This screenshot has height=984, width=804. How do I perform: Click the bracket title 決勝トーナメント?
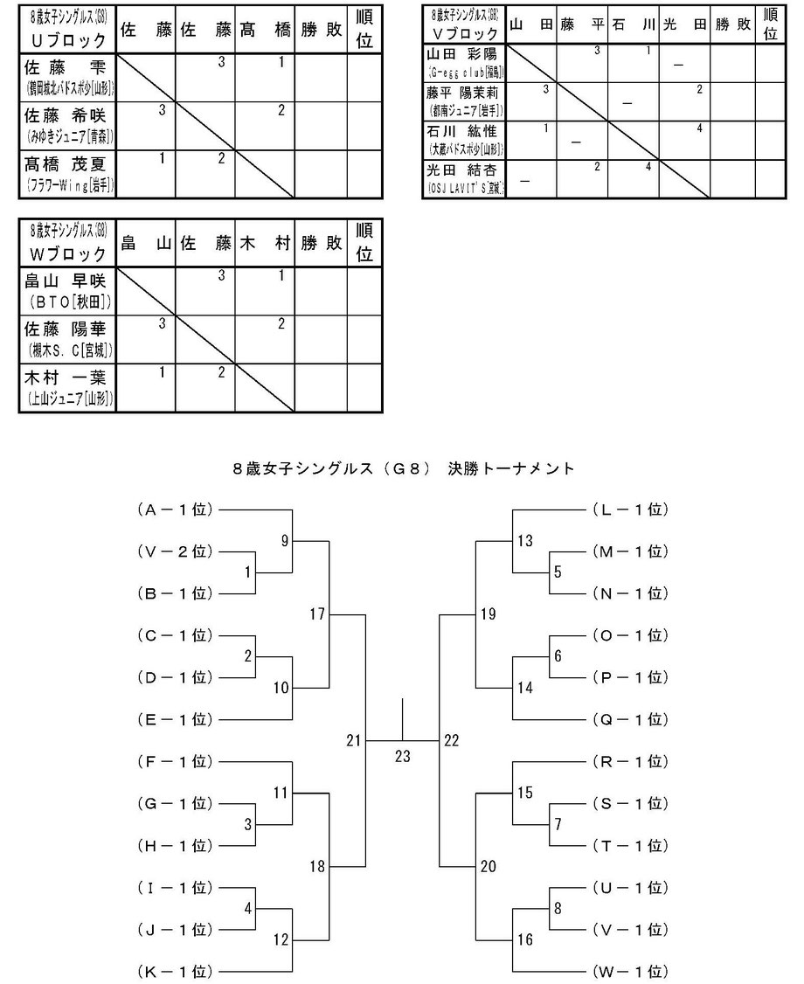pyautogui.click(x=403, y=469)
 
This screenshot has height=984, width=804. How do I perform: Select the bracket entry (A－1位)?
pyautogui.click(x=175, y=509)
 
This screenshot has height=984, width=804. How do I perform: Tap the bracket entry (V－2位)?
pyautogui.click(x=175, y=551)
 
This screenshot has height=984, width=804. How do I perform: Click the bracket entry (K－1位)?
pyautogui.click(x=175, y=971)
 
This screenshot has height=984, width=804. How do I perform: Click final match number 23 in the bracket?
pyautogui.click(x=402, y=757)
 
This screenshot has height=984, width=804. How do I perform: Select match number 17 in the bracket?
pyautogui.click(x=316, y=614)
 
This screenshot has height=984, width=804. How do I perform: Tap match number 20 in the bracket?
pyautogui.click(x=488, y=866)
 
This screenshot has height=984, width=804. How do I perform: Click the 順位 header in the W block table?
pyautogui.click(x=365, y=243)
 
